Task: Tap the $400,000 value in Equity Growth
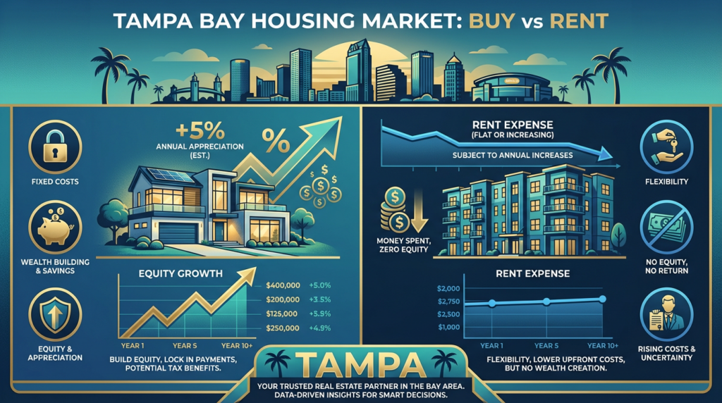point(285,285)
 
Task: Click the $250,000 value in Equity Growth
point(285,327)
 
